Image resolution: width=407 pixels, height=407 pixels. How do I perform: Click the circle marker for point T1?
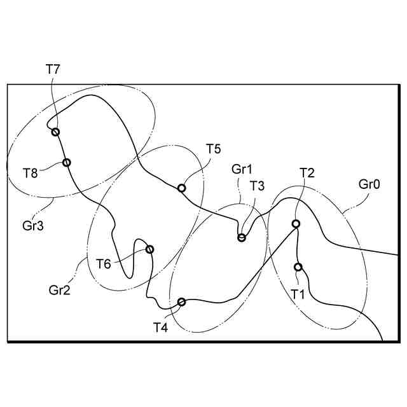[x=298, y=267]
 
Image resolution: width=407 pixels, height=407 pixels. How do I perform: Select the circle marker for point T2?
[x=296, y=224]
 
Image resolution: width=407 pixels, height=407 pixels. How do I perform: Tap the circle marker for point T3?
[x=242, y=238]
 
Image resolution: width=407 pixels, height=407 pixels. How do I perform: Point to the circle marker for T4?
[x=181, y=301]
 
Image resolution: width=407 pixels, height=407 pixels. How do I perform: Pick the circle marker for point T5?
[x=181, y=188]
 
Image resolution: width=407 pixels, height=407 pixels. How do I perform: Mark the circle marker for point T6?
[x=150, y=249]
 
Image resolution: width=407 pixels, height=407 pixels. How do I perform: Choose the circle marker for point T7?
[x=55, y=132]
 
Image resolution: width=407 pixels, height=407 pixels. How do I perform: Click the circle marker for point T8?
[x=67, y=162]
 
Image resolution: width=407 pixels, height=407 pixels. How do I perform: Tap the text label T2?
[x=307, y=172]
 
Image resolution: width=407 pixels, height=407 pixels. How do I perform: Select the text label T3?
[x=258, y=186]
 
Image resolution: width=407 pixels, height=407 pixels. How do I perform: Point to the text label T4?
[x=160, y=327]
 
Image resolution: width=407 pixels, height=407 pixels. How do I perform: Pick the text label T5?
[x=213, y=149]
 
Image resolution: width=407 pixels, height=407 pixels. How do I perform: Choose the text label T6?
[x=104, y=263]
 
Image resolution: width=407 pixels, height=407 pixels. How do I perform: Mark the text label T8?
[x=31, y=172]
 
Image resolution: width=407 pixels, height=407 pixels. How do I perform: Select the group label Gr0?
[x=369, y=185]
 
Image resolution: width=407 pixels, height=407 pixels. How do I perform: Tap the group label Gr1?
[x=242, y=169]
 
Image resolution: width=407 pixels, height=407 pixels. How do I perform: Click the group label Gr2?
[x=59, y=291]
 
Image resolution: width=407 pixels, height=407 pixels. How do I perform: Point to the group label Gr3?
[x=32, y=224]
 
